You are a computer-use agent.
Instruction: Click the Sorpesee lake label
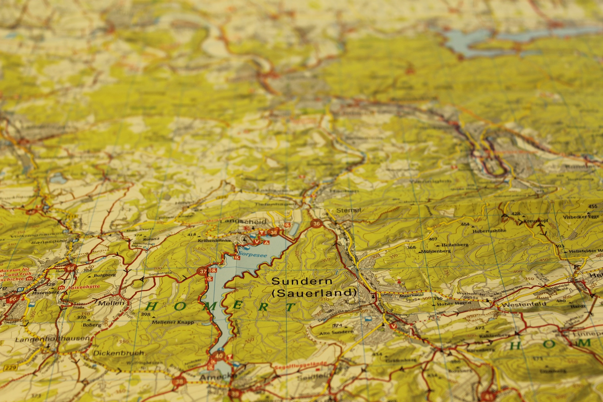pos(253,255)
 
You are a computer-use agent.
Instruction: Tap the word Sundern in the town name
pos(301,281)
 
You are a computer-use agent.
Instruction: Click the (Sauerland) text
pos(314,293)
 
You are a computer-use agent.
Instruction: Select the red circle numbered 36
pos(316,224)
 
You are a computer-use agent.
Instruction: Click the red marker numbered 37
pos(203,272)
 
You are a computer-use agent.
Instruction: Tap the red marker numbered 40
pos(219,356)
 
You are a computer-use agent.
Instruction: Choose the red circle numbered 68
pos(71,268)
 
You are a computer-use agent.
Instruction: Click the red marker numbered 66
pos(13,299)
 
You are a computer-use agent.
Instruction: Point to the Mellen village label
pos(111,303)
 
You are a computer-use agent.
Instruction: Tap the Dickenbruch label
pos(119,353)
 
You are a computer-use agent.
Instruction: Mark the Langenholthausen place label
pos(52,339)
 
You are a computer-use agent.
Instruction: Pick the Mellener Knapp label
pos(173,322)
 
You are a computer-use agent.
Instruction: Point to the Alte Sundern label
pos(336,332)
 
